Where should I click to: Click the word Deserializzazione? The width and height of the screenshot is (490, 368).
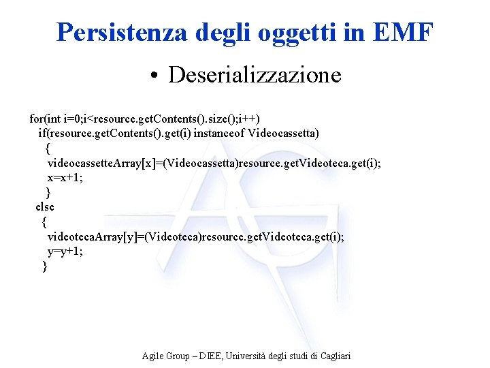pyautogui.click(x=255, y=74)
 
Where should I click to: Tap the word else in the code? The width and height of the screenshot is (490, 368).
pyautogui.click(x=45, y=206)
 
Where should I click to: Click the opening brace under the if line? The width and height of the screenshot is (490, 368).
pyautogui.click(x=47, y=147)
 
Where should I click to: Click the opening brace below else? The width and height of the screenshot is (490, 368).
pyautogui.click(x=44, y=221)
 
